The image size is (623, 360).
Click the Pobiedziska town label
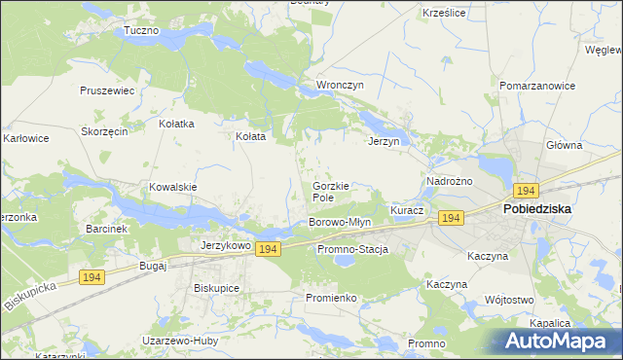536,208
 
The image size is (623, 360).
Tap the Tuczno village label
141,30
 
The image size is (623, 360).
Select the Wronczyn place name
340,85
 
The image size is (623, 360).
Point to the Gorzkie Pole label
330,192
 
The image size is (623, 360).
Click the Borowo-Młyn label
340,223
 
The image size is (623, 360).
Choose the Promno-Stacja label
352,250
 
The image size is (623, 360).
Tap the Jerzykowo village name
226,247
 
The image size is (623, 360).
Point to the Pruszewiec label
107,90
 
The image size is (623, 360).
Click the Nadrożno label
450,181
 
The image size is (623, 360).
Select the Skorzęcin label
105,132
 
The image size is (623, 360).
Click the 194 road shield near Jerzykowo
269,250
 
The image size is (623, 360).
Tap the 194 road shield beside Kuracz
450,217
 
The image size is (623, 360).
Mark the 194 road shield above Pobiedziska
527,191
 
